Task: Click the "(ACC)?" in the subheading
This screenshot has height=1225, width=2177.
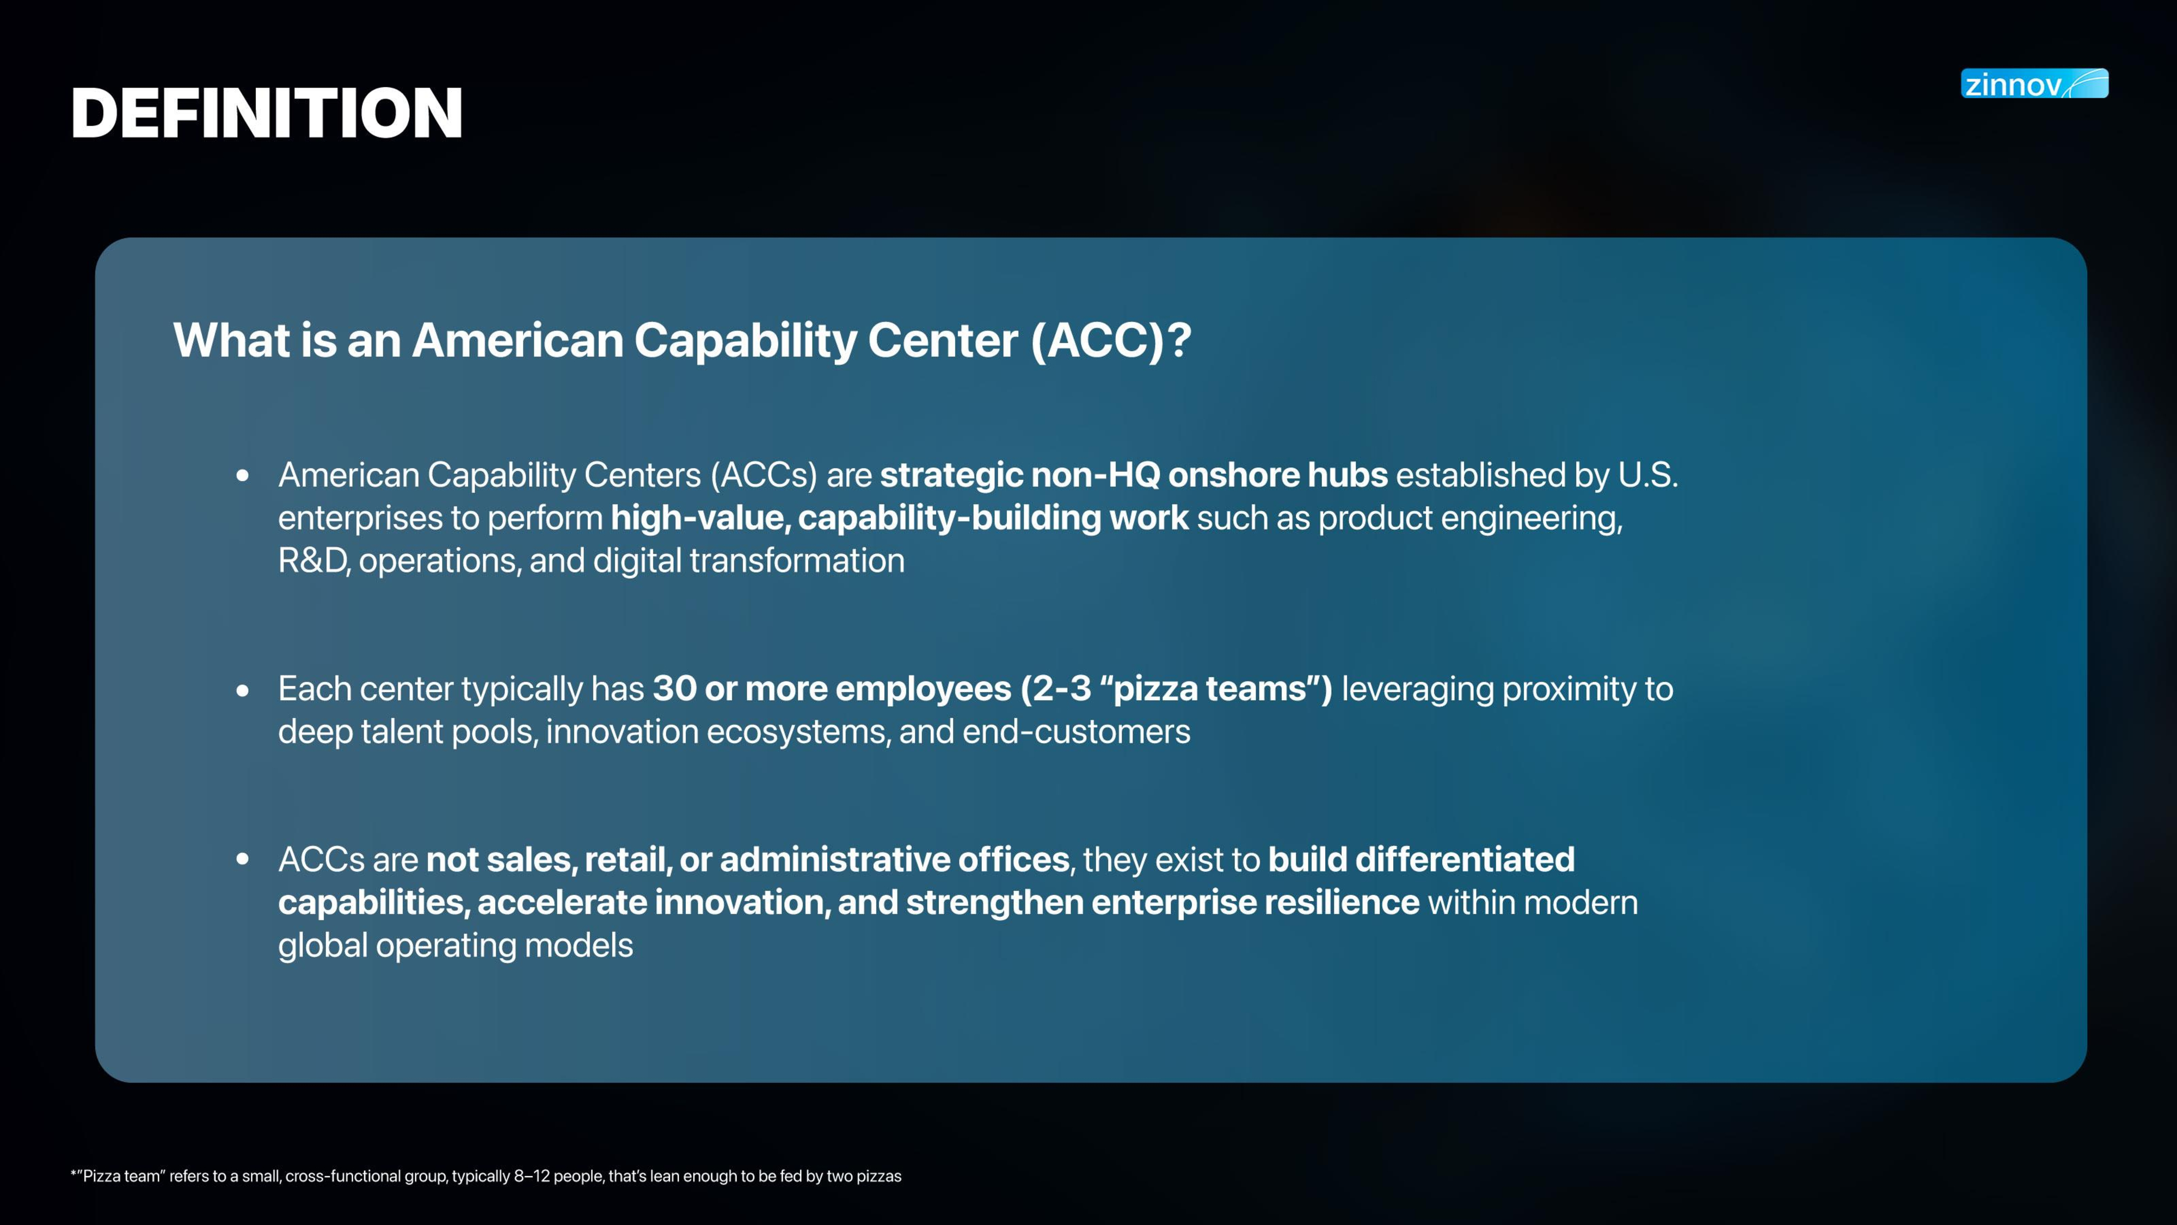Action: tap(1110, 341)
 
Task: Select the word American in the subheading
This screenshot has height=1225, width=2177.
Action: tap(517, 341)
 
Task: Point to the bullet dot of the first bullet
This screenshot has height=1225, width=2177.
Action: tap(243, 476)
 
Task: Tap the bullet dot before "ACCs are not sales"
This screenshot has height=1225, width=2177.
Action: tap(243, 860)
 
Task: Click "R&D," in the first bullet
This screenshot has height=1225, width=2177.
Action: tap(313, 561)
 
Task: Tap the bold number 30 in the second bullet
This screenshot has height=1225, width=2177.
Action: tap(674, 689)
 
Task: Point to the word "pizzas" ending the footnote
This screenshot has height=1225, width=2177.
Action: tap(879, 1177)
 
